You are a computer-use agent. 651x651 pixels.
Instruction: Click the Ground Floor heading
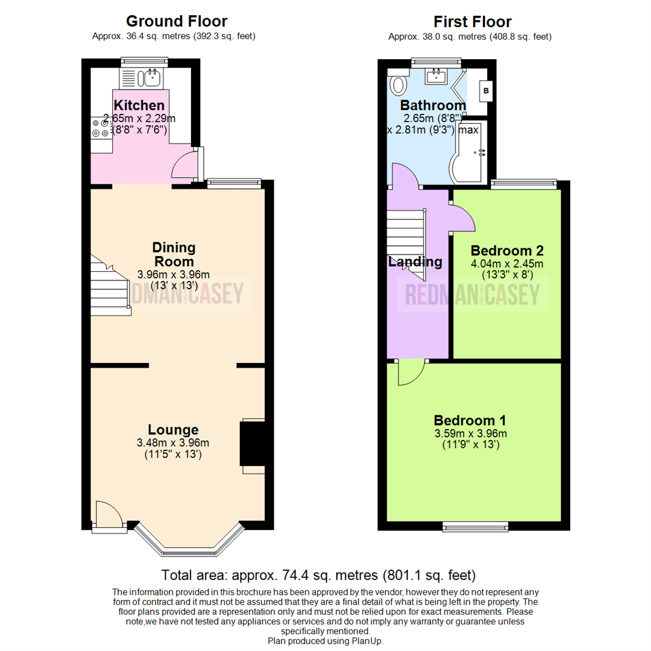(177, 21)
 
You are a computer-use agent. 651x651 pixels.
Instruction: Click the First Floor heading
(473, 22)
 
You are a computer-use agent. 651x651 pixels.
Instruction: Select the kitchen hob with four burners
(101, 128)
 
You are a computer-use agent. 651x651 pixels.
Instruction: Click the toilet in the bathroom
(398, 82)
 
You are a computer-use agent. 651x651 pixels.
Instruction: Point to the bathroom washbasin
(436, 76)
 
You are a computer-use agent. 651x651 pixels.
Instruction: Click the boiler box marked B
(486, 91)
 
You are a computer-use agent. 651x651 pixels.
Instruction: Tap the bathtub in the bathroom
(468, 152)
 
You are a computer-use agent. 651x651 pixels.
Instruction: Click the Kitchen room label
(139, 105)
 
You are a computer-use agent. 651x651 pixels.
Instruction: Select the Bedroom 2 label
(507, 250)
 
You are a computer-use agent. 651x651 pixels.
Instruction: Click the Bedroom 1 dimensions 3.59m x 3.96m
(470, 433)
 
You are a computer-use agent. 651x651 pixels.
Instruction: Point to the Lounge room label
(173, 429)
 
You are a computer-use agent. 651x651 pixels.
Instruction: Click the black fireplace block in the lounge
(253, 444)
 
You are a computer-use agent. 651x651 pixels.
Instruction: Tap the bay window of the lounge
(189, 539)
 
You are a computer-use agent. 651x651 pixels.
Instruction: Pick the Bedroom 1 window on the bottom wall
(476, 527)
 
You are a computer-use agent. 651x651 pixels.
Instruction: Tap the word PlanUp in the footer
(366, 641)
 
